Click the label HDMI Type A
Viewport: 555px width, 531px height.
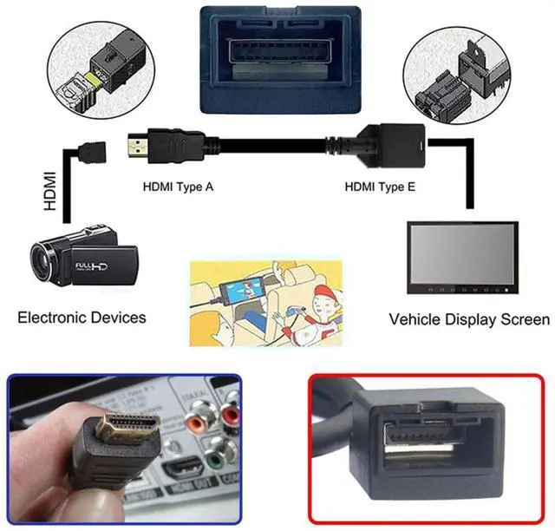click(x=178, y=186)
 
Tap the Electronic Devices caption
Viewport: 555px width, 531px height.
click(x=82, y=318)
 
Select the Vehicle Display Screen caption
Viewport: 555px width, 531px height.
click(x=469, y=319)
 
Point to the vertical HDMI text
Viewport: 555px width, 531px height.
click(x=49, y=193)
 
